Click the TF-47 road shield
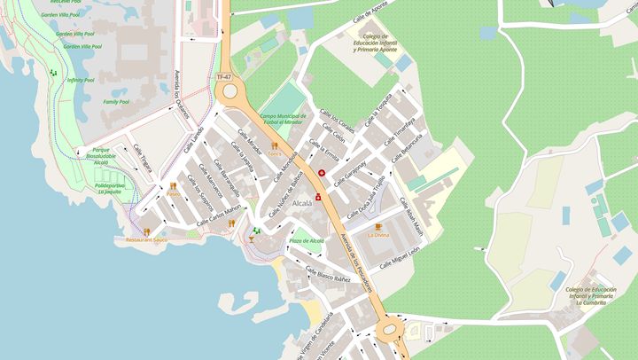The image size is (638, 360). tap(225, 77)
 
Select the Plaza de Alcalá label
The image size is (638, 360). tap(307, 240)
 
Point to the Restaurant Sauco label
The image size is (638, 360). tap(146, 240)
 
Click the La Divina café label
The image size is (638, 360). tap(378, 235)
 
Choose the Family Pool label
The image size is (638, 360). tap(115, 102)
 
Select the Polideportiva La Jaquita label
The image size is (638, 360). tap(109, 188)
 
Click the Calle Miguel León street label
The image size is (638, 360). tap(401, 255)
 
